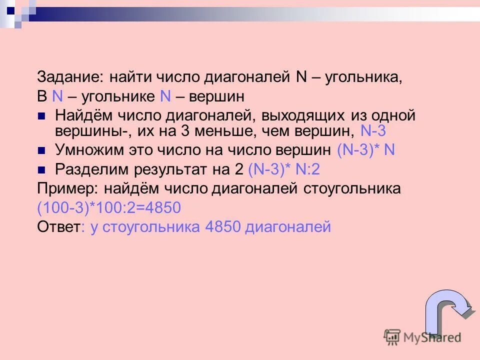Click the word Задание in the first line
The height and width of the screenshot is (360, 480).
68,77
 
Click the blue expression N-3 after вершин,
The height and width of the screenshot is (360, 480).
373,131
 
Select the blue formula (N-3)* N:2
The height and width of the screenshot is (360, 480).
283,169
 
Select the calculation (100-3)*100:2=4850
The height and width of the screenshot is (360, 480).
109,208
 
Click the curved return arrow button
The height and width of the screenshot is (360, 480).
446,310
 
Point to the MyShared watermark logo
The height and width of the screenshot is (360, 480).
422,336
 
